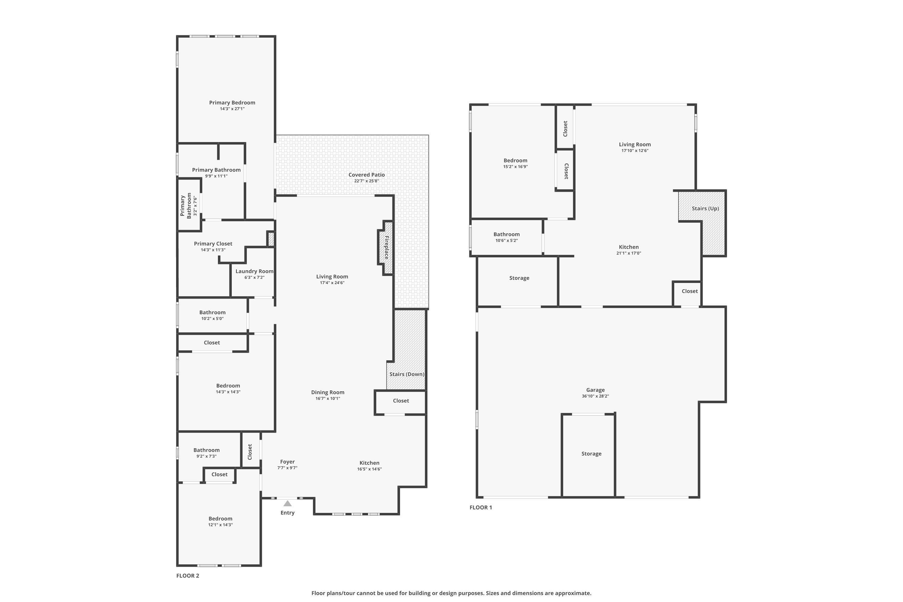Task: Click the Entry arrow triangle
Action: (287, 503)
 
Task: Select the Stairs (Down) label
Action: (407, 374)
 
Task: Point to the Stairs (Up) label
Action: (705, 209)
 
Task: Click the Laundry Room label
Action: (255, 271)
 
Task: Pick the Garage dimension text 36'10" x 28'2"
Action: (595, 396)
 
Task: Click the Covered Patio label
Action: (367, 175)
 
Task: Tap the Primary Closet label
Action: (213, 244)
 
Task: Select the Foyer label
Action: (287, 462)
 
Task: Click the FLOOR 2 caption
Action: (188, 576)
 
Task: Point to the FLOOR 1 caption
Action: (481, 507)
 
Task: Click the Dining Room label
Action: (328, 392)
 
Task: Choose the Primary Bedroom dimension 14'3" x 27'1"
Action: (232, 109)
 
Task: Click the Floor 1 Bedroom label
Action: (516, 160)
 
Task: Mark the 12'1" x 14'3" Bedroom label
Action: (220, 518)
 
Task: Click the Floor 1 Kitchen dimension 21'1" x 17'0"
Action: (629, 253)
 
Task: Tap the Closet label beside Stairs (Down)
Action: (401, 400)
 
